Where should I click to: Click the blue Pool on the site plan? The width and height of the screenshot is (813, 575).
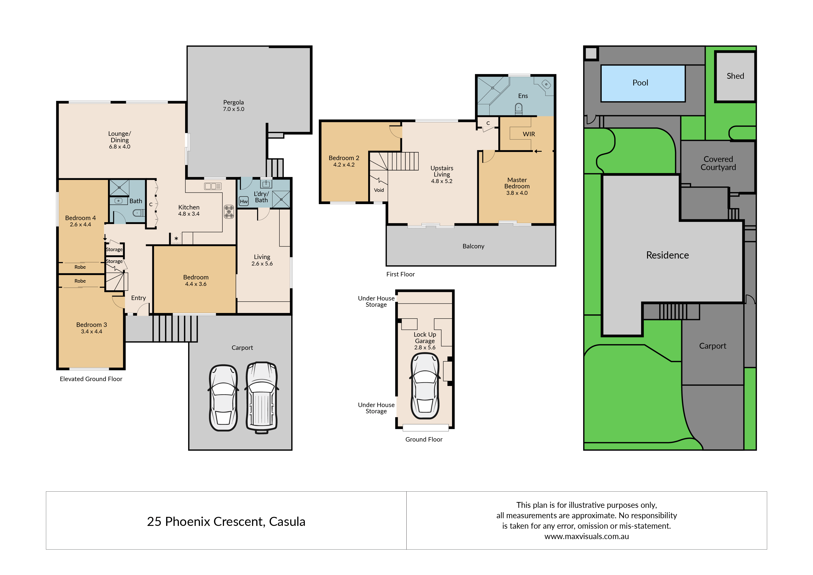point(643,83)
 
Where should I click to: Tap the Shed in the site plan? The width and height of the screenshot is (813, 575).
point(735,76)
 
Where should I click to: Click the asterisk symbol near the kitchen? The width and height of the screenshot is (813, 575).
point(176,239)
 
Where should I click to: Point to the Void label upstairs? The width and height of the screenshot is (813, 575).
point(379,190)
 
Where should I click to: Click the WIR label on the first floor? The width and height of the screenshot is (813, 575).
point(529,134)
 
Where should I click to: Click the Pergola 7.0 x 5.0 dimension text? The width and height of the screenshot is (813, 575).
point(234,109)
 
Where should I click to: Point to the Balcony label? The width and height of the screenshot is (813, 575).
point(473,246)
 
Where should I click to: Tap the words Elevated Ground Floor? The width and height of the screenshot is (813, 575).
point(91,379)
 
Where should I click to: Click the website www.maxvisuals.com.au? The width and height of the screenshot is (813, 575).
point(587,536)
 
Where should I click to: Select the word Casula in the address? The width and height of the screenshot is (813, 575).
point(287,521)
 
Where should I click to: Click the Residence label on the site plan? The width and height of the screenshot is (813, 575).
point(667,255)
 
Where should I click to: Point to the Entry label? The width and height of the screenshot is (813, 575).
point(139,298)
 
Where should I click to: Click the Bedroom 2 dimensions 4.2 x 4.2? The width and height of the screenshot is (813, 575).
point(344,165)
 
